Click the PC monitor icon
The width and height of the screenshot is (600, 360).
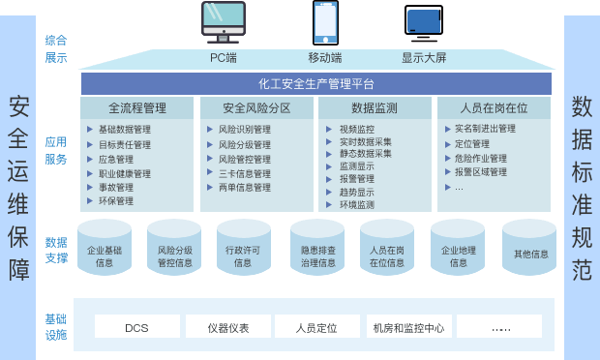click(224, 23)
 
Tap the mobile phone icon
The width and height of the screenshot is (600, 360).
click(325, 23)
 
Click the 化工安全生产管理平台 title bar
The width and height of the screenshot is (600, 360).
click(316, 84)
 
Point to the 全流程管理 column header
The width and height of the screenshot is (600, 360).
click(137, 107)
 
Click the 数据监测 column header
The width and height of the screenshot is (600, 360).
click(375, 107)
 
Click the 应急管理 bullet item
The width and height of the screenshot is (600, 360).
click(116, 159)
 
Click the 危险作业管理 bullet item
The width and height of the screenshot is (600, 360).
click(480, 158)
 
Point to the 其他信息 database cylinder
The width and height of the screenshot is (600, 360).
click(530, 255)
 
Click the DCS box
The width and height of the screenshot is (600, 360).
click(136, 327)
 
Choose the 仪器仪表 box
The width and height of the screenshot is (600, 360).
click(227, 327)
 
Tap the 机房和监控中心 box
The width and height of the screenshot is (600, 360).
click(407, 327)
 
